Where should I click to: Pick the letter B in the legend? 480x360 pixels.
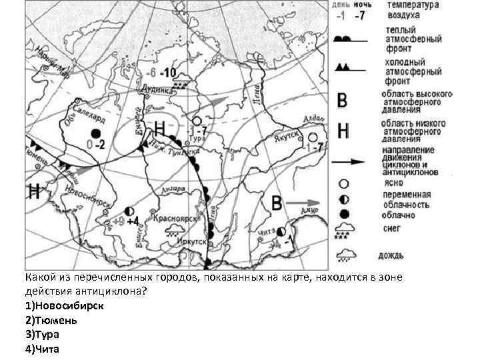[343, 101]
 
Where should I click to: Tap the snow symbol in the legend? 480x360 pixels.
[345, 231]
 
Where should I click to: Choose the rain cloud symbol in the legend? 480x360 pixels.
[345, 254]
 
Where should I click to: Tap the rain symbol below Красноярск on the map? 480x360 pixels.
[176, 231]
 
